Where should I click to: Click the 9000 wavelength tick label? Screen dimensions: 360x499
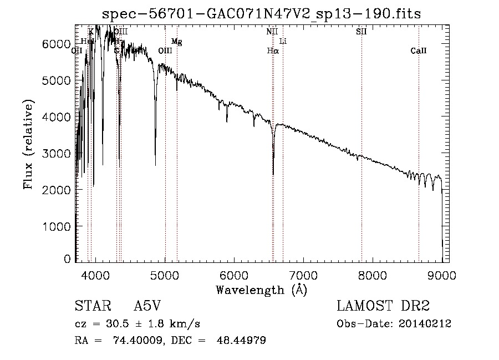442,275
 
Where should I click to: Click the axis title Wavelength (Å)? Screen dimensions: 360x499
261,290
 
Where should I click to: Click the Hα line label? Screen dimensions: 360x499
272,50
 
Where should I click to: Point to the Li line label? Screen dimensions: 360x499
283,41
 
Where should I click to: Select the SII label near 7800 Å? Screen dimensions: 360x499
361,32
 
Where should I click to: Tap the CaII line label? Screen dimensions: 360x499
419,50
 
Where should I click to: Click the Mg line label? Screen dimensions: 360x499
176,41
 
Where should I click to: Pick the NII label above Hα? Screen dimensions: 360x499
272,32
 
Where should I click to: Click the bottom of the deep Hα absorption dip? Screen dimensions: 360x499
273,174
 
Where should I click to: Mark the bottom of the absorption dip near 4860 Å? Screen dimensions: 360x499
155,165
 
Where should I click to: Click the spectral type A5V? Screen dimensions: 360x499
147,307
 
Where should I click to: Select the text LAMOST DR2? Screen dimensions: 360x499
383,307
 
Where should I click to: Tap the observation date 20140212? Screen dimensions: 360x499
429,324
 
